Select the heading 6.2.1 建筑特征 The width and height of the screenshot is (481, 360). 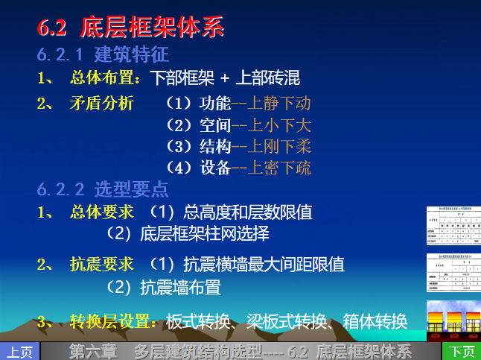tap(103, 54)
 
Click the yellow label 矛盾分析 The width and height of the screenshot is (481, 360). tap(101, 104)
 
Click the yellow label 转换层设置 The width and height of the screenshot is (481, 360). tap(112, 321)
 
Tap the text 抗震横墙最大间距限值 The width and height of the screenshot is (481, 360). tap(264, 265)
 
